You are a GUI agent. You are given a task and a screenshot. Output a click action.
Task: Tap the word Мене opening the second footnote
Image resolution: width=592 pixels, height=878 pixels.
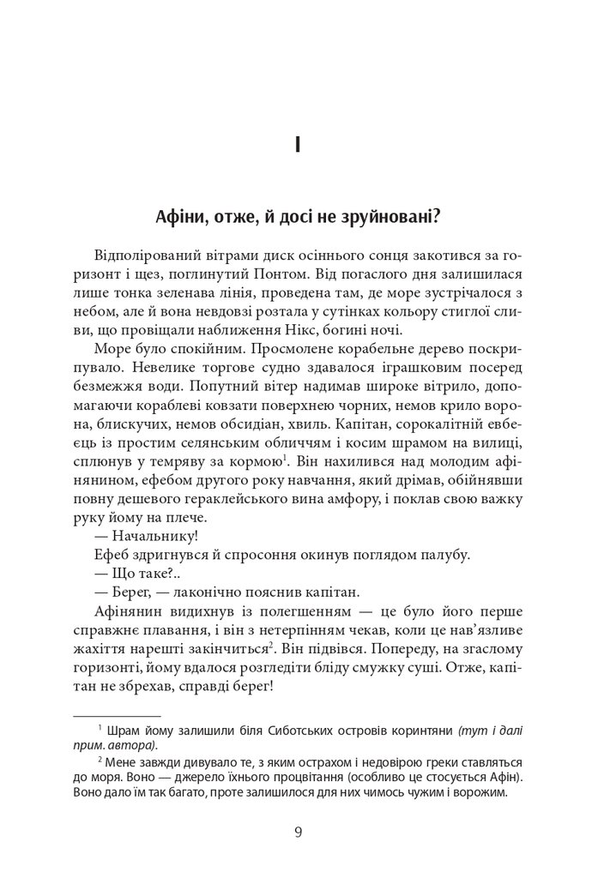coord(125,762)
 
